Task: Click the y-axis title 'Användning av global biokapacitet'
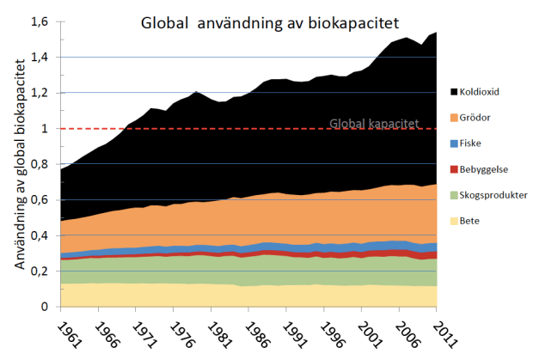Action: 18,172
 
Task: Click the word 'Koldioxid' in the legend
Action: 481,91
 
